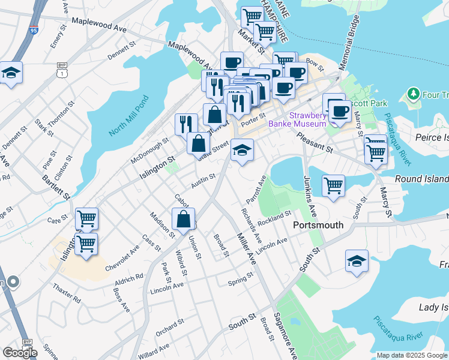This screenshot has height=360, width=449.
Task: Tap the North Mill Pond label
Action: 128,115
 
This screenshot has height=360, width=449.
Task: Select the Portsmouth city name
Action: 318,225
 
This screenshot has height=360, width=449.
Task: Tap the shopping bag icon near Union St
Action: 184,220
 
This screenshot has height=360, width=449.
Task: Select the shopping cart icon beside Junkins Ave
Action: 333,185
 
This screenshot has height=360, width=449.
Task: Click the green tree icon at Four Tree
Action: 413,94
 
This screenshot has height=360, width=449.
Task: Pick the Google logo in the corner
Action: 19,353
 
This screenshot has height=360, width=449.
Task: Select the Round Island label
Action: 421,179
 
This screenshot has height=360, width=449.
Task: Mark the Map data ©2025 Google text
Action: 412,355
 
